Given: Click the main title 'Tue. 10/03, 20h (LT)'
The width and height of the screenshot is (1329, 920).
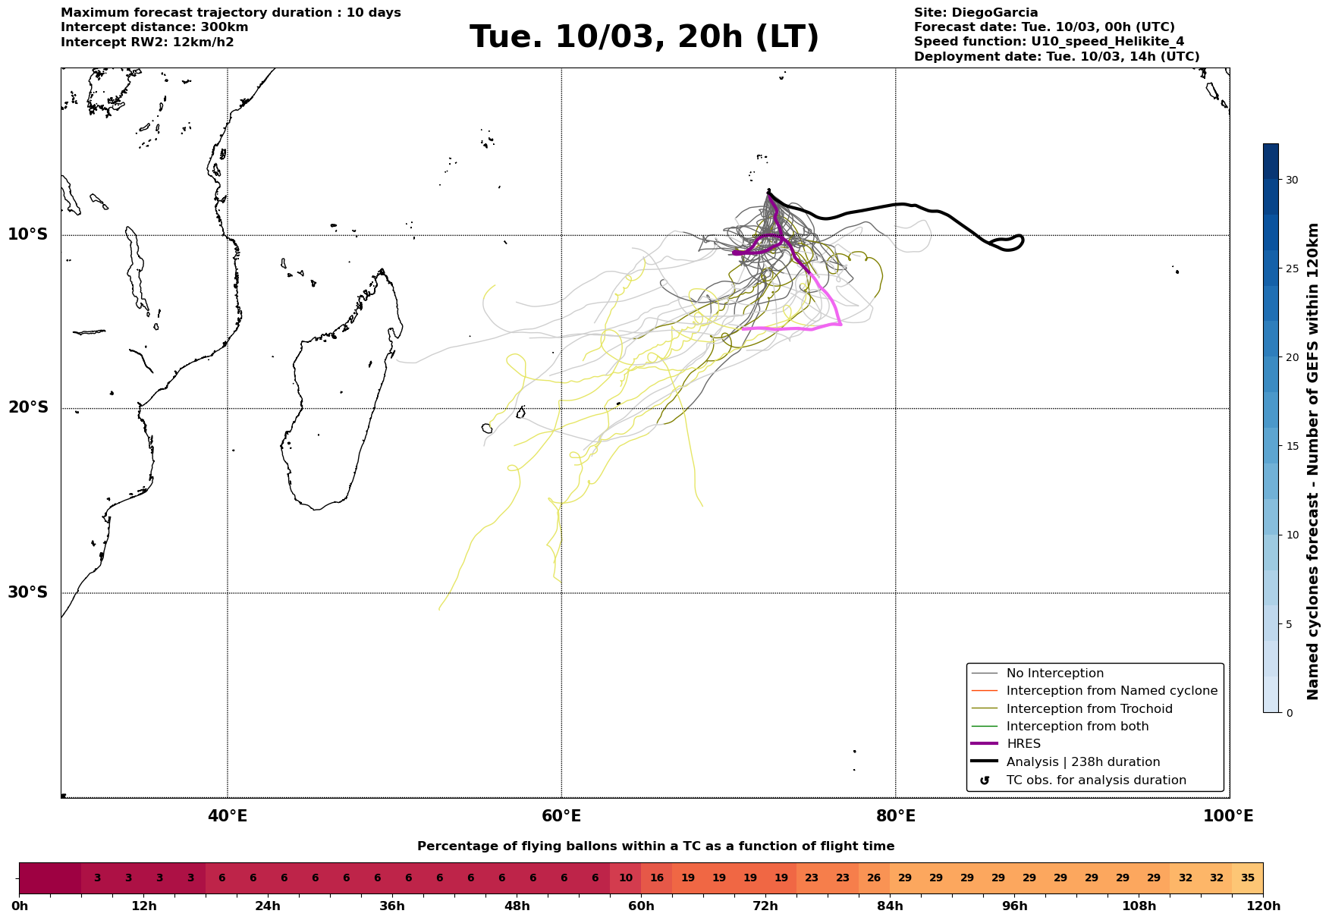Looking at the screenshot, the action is [644, 37].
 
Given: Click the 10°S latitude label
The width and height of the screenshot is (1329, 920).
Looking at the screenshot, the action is [28, 234].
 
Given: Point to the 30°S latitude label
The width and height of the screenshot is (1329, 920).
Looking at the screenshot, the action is [28, 592].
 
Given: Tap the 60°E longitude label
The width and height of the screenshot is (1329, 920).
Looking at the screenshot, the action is [561, 816].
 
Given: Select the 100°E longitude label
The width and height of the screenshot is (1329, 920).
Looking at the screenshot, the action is [1229, 816].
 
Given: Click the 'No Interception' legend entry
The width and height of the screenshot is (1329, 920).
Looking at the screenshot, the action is [1055, 674].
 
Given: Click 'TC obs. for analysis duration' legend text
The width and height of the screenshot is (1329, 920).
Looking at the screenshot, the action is [1096, 780].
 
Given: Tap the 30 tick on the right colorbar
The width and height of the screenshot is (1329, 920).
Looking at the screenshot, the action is [1291, 181].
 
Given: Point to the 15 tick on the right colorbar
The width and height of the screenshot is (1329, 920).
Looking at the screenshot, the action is [1291, 447].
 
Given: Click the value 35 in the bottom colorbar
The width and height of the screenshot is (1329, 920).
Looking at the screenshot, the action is [1248, 878].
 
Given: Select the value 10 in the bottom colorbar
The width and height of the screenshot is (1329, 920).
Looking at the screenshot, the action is [626, 878].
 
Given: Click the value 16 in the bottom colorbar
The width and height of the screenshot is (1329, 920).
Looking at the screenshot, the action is [657, 878].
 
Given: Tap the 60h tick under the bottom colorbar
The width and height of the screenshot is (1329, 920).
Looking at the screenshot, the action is [641, 906].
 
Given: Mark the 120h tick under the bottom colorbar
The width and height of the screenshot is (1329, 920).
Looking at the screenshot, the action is [1263, 906].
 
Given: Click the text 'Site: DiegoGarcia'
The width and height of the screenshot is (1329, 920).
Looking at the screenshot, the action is [976, 13].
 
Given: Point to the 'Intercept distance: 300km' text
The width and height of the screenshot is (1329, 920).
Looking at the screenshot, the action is [155, 27].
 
